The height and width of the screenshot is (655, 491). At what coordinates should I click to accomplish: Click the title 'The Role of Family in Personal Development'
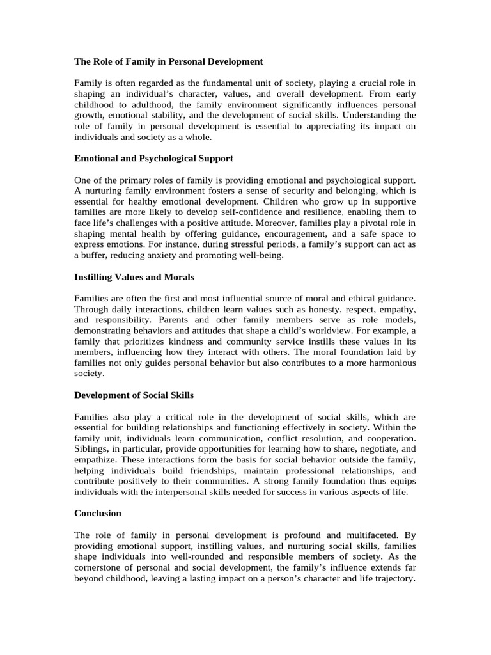click(168, 61)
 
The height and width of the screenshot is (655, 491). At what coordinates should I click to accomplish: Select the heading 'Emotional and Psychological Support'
click(153, 157)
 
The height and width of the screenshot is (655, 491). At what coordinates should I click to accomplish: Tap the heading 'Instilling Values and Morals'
click(134, 277)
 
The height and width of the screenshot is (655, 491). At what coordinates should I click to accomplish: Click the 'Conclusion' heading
click(98, 513)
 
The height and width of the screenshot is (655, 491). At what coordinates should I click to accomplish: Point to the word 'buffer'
click(94, 255)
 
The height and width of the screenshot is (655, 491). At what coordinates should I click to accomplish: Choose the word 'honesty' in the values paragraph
click(305, 309)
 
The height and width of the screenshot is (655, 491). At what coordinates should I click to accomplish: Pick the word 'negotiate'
click(371, 448)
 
